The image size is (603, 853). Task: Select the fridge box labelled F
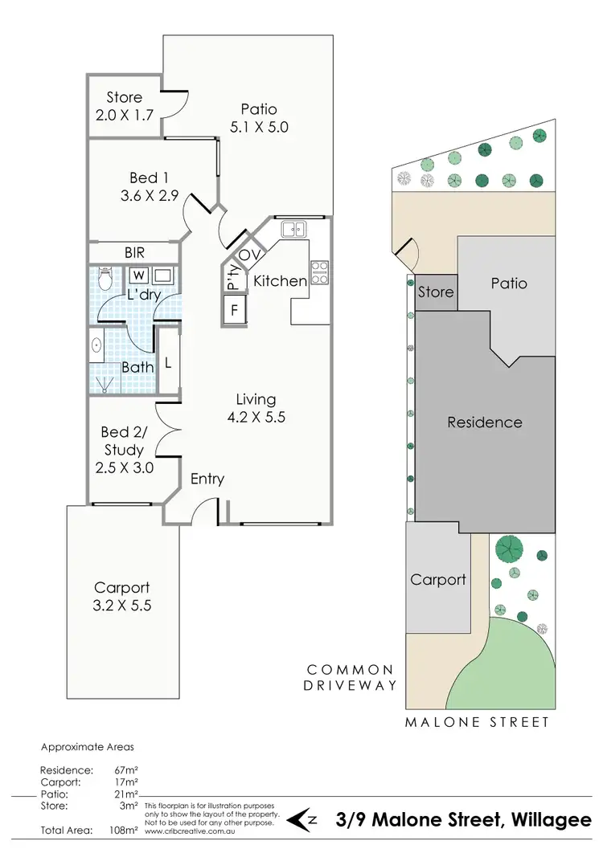(235, 309)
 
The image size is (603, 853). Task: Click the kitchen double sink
(293, 230)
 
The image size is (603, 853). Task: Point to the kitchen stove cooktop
(320, 273)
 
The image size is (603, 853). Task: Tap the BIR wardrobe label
(134, 252)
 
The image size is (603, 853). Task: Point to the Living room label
(256, 399)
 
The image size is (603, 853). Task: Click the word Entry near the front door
(207, 479)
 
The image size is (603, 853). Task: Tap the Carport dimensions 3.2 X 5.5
(122, 605)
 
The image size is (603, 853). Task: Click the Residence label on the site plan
(485, 422)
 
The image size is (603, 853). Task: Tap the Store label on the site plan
(435, 292)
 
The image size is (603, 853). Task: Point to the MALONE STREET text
(478, 722)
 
